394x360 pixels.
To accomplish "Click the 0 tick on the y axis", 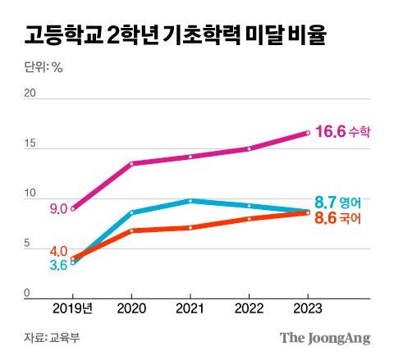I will coord(26,293).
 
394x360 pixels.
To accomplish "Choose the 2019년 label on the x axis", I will coord(72,308).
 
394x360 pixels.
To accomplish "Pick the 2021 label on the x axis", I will coord(190,308).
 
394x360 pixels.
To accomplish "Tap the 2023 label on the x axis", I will coord(307,308).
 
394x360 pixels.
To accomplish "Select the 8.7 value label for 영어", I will coord(325,201).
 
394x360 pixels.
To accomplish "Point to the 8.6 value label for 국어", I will coord(325,219).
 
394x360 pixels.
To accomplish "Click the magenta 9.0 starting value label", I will coord(58,209).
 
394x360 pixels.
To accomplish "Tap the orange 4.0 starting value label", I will coord(58,250).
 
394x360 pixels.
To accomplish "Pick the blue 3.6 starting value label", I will coord(58,264).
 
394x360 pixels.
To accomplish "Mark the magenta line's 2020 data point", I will coord(131,163).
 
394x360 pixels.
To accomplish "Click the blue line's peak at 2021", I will coord(190,200).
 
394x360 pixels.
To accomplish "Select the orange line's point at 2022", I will coord(249,219).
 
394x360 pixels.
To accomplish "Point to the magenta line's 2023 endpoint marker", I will coord(307,132).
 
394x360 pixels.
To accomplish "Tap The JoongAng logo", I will coord(325,337).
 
